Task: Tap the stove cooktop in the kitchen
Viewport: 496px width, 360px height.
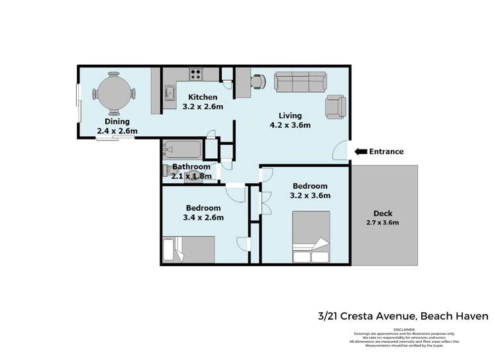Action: (196, 73)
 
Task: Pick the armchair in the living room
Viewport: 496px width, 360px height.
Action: (335, 106)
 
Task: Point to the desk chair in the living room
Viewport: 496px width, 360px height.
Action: (256, 81)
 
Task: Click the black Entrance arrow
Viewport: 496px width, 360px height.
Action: (361, 152)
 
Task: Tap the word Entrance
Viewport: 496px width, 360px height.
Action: (386, 152)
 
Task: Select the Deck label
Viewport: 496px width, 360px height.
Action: (383, 213)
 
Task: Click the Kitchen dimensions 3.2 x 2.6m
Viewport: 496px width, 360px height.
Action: (202, 107)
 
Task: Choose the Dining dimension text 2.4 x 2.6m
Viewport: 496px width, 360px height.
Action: (117, 131)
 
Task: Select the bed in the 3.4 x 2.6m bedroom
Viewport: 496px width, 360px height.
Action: (189, 250)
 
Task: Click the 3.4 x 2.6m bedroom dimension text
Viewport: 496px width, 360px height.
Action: (202, 217)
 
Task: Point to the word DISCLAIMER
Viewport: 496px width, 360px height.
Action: (404, 329)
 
